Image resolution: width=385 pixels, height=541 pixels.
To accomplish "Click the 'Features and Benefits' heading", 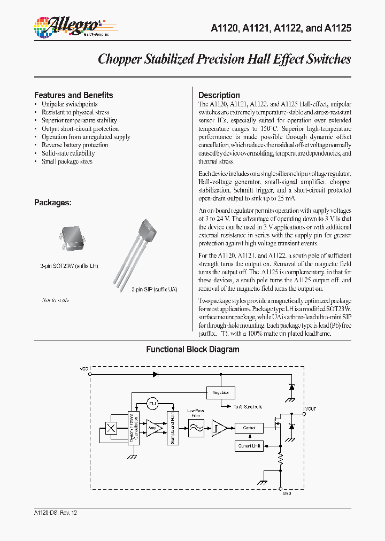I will coord(73,95).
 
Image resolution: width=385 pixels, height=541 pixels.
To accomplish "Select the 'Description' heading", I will coord(219,95).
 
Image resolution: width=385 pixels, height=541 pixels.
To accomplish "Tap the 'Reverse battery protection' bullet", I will coord(75,145).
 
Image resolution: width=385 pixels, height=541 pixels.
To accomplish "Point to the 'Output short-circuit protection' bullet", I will coord(80,129).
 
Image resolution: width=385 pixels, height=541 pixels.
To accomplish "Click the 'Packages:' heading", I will coord(52,203).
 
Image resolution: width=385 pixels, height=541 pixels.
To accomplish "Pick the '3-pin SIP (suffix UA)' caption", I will coord(155,289).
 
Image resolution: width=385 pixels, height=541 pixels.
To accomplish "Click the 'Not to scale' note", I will coord(55,300).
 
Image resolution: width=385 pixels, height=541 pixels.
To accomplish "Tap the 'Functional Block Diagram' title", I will coord(192,350).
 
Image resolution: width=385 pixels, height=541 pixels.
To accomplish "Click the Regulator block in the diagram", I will coord(220,392).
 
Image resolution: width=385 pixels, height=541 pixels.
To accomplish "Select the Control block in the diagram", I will coord(249,428).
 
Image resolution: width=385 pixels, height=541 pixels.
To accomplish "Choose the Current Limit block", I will coord(249,445).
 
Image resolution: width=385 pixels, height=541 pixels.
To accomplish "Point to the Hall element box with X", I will coord(112,428).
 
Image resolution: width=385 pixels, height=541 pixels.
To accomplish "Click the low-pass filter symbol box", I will coord(196,428).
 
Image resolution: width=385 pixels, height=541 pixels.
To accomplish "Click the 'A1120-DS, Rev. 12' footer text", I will coord(55,512).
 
